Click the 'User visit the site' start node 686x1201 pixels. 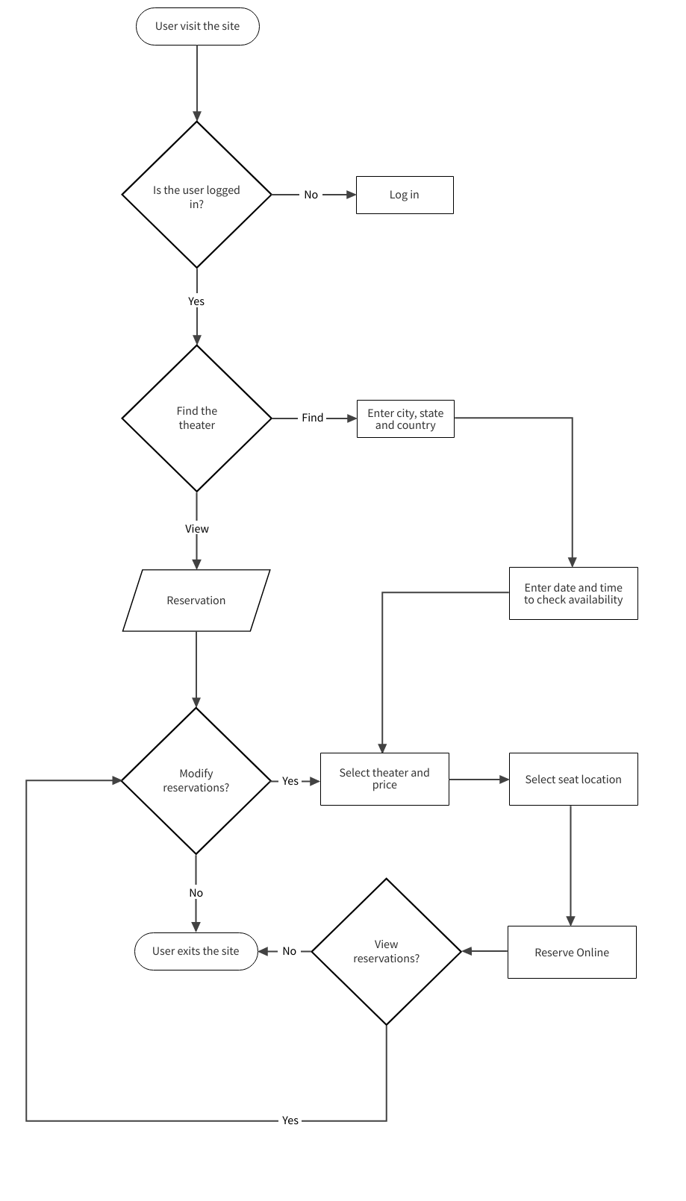point(197,26)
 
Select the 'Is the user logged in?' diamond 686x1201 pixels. point(196,195)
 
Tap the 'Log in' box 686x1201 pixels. point(405,195)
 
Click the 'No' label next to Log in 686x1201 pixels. point(311,195)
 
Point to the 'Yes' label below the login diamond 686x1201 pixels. point(196,301)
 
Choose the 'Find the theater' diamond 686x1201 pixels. point(196,418)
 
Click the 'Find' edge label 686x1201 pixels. point(312,418)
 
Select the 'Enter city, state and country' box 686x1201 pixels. point(405,418)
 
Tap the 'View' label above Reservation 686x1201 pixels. point(197,529)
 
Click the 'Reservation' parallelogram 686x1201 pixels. point(196,600)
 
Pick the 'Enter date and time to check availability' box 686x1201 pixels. point(573,593)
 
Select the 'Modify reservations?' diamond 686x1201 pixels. point(196,780)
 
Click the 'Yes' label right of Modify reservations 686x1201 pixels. point(290,781)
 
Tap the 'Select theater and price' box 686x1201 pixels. point(384,779)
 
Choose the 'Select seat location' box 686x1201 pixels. point(573,779)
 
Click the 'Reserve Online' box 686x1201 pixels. point(572,952)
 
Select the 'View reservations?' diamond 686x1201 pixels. point(386,951)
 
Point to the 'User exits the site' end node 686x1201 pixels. point(196,951)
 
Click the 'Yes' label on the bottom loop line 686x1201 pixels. point(290,1120)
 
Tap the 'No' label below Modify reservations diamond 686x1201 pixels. point(196,893)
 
